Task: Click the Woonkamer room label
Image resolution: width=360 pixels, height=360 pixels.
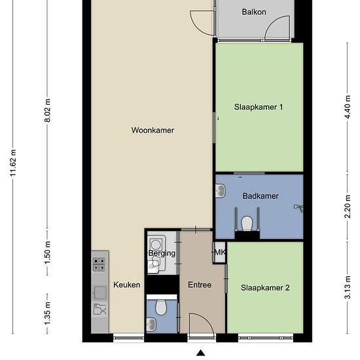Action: [x=153, y=130]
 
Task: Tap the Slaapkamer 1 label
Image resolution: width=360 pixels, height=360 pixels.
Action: [x=259, y=107]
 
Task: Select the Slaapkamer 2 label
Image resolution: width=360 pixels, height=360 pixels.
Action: [x=265, y=288]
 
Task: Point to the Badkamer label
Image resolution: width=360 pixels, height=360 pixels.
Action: [x=261, y=196]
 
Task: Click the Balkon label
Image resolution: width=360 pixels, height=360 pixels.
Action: [x=254, y=12]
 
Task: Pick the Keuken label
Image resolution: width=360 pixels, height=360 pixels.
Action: [x=127, y=285]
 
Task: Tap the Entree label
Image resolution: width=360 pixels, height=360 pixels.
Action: [x=200, y=285]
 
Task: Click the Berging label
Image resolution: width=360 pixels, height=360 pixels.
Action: [x=162, y=253]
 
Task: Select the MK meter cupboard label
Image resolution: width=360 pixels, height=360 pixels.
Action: [x=220, y=253]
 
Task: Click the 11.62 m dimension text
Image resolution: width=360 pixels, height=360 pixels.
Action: [x=13, y=163]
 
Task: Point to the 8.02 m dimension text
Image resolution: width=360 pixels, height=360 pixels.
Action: [x=48, y=111]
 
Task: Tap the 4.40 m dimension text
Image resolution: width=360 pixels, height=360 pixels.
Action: [x=348, y=107]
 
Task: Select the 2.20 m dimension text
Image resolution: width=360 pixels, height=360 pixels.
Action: [x=348, y=206]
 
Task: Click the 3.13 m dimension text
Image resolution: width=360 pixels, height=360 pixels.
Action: [x=348, y=287]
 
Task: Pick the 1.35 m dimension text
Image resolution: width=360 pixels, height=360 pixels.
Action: [x=48, y=314]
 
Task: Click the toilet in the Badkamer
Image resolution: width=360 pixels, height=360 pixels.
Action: [x=247, y=224]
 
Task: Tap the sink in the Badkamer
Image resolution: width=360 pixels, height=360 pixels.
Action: [x=221, y=190]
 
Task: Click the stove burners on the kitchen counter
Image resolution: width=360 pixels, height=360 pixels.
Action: [x=99, y=264]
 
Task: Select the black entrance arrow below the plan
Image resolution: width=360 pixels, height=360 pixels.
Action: [x=201, y=353]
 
